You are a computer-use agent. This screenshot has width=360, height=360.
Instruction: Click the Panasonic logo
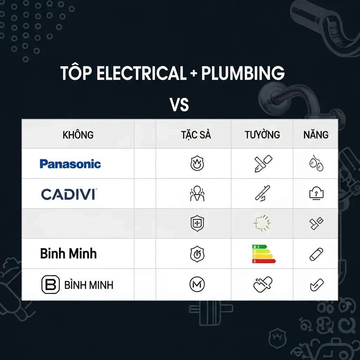[x=70, y=164]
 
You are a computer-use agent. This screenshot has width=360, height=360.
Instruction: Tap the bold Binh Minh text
[x=68, y=253]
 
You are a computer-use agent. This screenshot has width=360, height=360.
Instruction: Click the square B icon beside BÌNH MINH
[x=51, y=284]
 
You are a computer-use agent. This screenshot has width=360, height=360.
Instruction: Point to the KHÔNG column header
[x=78, y=135]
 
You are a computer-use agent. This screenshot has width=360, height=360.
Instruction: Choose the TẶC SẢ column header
[x=196, y=135]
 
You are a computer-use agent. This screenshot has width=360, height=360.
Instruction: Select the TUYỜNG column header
[x=262, y=135]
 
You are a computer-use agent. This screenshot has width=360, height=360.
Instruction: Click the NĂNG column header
[x=316, y=135]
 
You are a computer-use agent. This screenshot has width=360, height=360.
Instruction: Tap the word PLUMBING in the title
[x=243, y=73]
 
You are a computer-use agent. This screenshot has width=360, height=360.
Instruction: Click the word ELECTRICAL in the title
[x=141, y=73]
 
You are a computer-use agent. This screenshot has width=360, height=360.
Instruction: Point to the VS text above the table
[x=179, y=104]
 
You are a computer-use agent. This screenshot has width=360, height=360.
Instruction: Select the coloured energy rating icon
[x=263, y=254]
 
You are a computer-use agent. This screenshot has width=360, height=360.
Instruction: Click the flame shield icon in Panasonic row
[x=197, y=164]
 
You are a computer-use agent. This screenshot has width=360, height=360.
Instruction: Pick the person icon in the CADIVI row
[x=197, y=194]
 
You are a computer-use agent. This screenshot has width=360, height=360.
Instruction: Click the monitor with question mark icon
[x=316, y=194]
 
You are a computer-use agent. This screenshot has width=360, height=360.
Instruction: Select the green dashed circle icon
[x=262, y=223]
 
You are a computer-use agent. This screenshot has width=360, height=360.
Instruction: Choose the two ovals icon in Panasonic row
[x=316, y=164]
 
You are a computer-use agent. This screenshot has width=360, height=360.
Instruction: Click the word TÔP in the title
[x=76, y=73]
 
